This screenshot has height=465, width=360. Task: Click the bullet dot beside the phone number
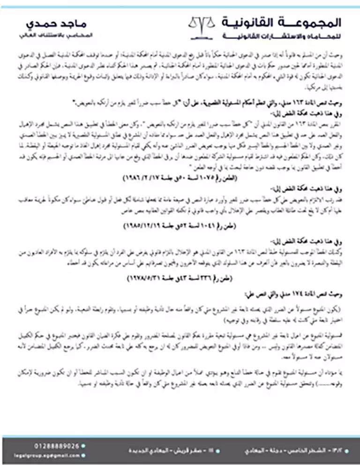pyautogui.click(x=83, y=446)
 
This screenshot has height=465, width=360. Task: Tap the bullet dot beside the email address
pyautogui.click(x=83, y=455)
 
